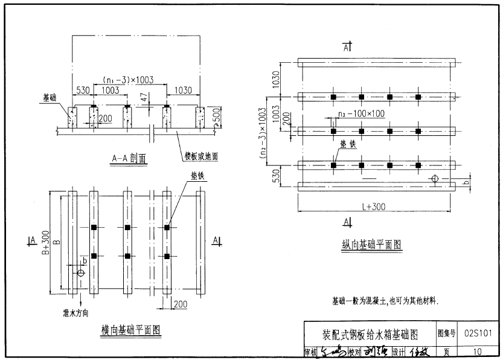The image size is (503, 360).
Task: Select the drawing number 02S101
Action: coord(479,333)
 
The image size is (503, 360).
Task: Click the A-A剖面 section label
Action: coord(129,158)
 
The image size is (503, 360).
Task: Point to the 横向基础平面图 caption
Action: coord(130,330)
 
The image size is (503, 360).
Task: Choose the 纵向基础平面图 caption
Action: coord(371,244)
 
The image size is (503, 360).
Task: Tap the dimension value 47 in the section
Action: coord(143,97)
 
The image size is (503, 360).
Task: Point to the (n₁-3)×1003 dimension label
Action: coord(128,80)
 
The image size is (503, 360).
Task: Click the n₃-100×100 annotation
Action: coord(361,113)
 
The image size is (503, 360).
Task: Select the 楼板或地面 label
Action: coord(201,156)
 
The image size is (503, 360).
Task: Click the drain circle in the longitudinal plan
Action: coord(434,178)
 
